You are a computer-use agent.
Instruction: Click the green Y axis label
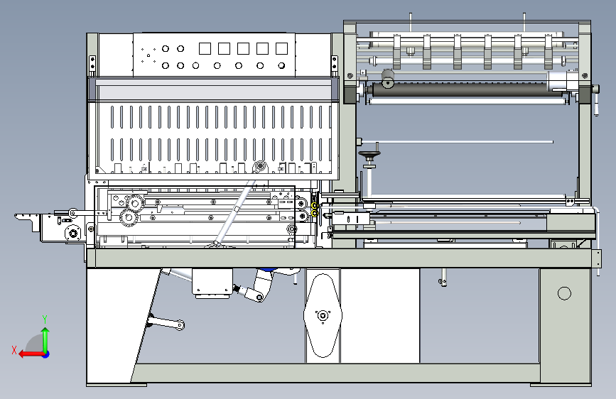[45, 319]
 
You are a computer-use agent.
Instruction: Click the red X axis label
[14, 349]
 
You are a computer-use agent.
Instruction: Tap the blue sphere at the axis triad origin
[45, 354]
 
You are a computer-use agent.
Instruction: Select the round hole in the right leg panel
[564, 293]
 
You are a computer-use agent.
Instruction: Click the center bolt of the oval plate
[322, 315]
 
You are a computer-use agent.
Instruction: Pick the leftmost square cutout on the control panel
[205, 48]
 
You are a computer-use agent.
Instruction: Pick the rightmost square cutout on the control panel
[281, 48]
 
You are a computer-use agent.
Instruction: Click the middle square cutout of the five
[243, 48]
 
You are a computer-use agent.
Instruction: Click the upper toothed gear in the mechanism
[136, 203]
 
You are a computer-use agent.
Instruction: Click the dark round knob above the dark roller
[388, 80]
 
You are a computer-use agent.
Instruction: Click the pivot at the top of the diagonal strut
[259, 167]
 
